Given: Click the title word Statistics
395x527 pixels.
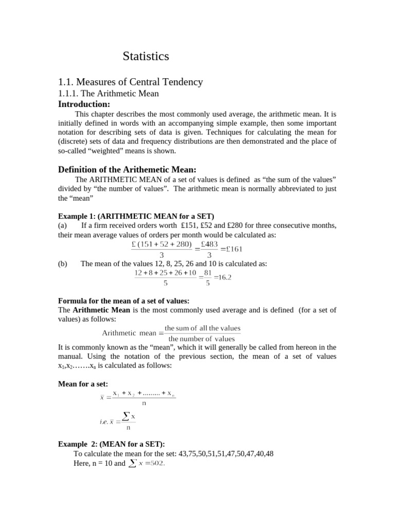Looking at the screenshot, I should [x=146, y=57].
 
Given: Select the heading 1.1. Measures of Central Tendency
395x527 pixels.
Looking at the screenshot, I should [x=131, y=82].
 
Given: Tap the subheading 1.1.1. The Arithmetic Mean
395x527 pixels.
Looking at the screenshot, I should [x=109, y=93].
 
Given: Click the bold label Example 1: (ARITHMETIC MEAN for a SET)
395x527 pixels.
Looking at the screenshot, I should [x=136, y=216].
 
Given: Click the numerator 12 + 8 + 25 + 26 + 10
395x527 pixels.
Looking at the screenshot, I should [x=165, y=272].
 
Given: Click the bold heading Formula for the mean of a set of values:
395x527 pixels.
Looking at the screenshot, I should [x=124, y=301].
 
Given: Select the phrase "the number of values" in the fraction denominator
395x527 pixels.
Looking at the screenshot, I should [x=202, y=339].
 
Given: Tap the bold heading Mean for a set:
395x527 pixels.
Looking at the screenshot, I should [x=83, y=384].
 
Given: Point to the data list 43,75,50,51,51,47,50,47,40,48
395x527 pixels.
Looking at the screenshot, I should [x=226, y=453].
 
